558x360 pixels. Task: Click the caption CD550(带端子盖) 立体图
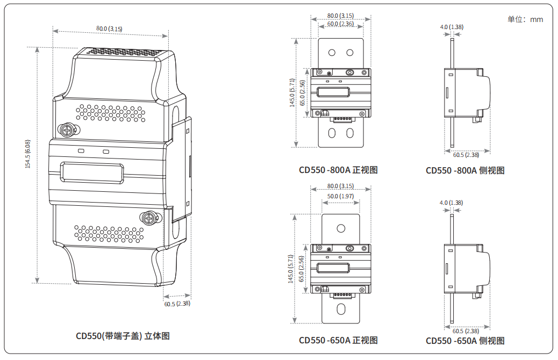click(123, 336)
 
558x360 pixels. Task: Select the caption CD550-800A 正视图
click(338, 170)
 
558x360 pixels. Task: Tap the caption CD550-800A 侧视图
click(465, 171)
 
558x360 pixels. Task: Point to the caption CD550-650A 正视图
click(338, 340)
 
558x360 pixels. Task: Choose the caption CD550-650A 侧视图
click(465, 341)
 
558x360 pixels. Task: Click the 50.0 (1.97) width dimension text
click(340, 196)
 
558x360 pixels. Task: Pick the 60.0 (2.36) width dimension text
click(340, 24)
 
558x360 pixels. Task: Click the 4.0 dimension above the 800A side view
click(452, 27)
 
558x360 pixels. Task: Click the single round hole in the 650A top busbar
click(340, 228)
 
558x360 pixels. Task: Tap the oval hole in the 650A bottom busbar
click(340, 308)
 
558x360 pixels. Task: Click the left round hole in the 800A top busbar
click(332, 53)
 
